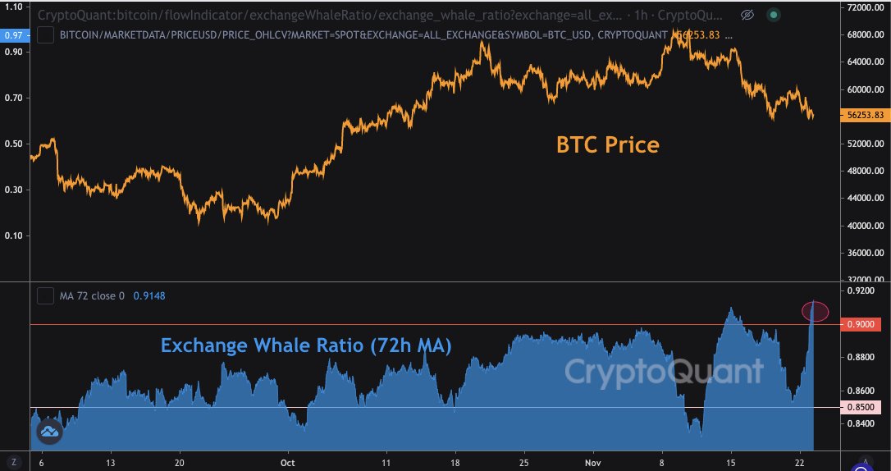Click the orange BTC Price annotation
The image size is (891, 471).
pos(607,145)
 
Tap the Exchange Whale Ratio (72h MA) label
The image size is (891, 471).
pos(306,345)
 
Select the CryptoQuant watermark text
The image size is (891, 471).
pos(663,373)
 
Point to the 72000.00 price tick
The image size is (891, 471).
pos(865,7)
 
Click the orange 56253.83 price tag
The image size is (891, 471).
pos(865,116)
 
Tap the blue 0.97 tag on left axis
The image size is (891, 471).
pos(13,34)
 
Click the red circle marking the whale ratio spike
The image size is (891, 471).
pos(815,311)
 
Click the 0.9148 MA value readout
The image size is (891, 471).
pos(148,295)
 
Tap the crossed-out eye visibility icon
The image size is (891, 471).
pos(747,15)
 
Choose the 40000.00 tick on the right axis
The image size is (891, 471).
pos(865,226)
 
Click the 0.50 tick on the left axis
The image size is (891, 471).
pos(13,144)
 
